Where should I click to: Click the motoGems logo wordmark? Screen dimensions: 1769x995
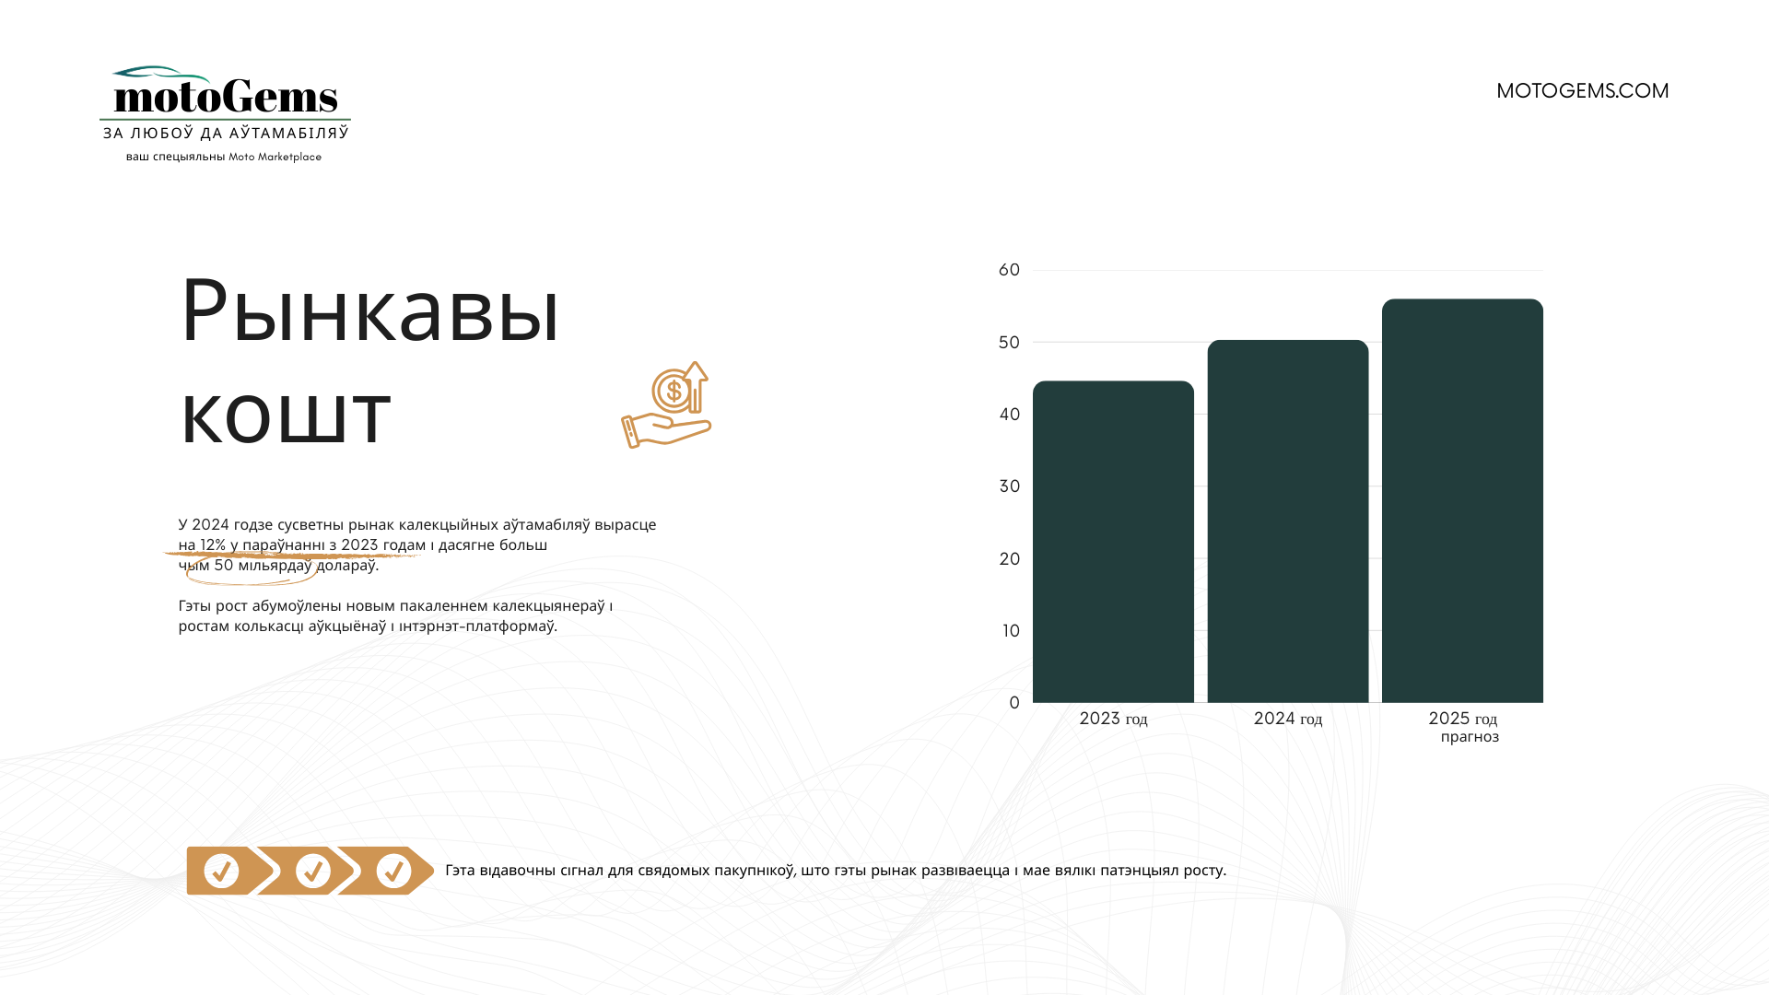pos(226,96)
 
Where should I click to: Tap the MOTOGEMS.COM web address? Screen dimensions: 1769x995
pos(1582,91)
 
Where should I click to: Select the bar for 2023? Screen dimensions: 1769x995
pos(1113,542)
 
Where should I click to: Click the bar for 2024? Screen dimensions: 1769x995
pos(1288,521)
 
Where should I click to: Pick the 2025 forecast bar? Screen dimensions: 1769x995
pos(1462,501)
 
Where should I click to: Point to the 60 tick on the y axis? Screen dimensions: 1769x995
pos(1009,270)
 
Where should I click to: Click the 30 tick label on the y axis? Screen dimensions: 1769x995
pos(1009,486)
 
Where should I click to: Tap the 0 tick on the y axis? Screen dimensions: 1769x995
pos(1014,703)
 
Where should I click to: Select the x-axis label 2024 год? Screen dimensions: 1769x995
pos(1288,719)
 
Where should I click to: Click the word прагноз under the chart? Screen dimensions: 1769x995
pos(1470,737)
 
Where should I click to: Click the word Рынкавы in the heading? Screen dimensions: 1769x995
pos(369,311)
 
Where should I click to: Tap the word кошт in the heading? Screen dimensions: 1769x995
pos(286,416)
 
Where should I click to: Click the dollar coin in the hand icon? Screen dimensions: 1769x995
pos(674,392)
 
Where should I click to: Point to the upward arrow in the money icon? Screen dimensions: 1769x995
pos(696,386)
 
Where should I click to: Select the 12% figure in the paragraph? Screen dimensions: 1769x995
pos(213,544)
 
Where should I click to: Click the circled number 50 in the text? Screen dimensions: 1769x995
pos(224,565)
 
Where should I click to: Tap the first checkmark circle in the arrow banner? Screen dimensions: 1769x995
pos(221,871)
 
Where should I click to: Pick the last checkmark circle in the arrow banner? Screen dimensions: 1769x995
pos(393,871)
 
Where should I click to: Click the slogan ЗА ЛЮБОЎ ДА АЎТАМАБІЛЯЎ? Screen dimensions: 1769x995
pos(226,134)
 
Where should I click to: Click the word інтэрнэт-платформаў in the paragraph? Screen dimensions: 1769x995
pos(478,626)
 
